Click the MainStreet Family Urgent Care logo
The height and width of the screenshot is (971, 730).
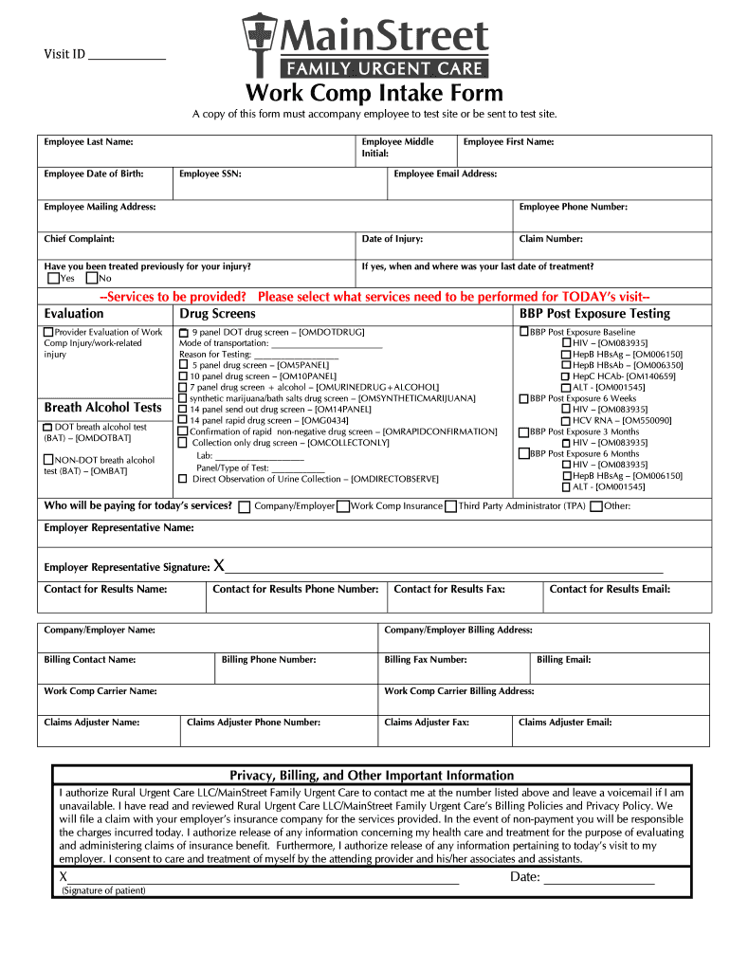[x=365, y=45]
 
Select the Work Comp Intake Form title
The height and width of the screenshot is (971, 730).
[x=374, y=94]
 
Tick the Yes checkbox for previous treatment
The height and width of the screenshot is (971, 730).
[x=53, y=279]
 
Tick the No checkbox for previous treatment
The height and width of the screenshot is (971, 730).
[x=91, y=279]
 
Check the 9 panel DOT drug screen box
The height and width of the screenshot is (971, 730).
[x=184, y=333]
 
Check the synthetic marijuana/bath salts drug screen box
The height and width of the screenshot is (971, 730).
[x=184, y=398]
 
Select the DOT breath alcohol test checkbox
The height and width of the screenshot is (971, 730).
[x=48, y=428]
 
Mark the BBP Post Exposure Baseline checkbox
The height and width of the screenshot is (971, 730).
[x=523, y=332]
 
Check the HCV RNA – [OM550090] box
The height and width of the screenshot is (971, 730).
[x=566, y=420]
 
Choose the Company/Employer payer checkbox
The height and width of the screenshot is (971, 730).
[x=245, y=506]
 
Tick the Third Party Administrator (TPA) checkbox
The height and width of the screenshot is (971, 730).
[x=450, y=506]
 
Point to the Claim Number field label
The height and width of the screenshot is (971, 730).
[x=551, y=239]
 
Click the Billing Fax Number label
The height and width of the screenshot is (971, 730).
[x=425, y=659]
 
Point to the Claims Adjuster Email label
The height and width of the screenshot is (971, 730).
[x=565, y=722]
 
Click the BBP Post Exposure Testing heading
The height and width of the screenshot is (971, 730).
[x=594, y=313]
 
